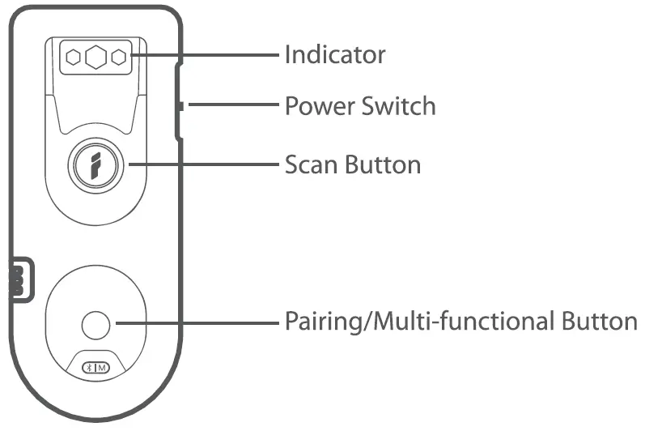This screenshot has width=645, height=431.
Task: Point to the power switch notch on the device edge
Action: point(181,105)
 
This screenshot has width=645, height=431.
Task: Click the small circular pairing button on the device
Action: point(96,325)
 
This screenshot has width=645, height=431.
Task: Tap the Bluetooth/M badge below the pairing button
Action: point(96,367)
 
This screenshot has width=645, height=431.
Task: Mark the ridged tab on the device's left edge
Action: point(16,280)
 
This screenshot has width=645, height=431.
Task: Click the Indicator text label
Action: point(334,55)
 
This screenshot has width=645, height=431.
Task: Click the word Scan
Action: point(312,164)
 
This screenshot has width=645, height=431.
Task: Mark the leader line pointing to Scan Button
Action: point(202,164)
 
